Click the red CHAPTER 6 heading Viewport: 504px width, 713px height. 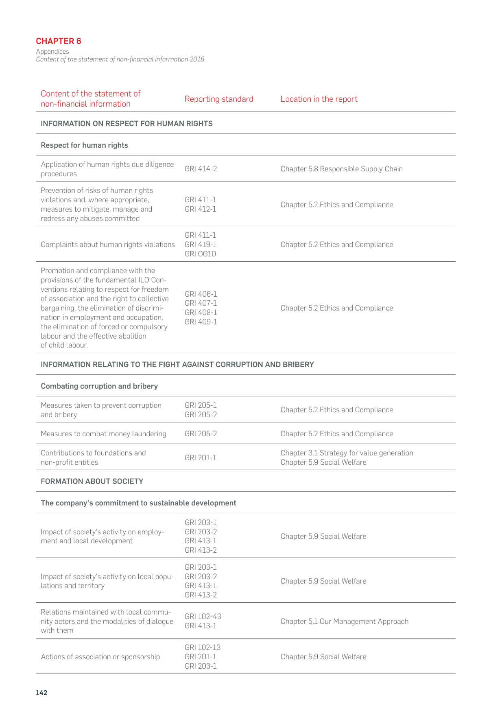pos(59,41)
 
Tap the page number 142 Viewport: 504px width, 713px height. pos(41,693)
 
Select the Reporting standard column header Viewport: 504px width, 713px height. pos(219,99)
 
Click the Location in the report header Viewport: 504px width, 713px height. pos(319,99)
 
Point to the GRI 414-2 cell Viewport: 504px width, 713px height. pos(201,169)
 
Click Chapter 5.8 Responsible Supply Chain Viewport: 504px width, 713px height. pos(341,169)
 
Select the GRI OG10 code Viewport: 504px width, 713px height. pos(200,254)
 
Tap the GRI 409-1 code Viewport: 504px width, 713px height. pos(201,322)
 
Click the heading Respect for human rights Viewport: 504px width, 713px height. pos(84,145)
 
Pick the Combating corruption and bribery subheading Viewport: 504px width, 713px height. pos(99,386)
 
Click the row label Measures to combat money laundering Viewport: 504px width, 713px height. pos(103,434)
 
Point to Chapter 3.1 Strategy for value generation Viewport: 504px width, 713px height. pos(347,453)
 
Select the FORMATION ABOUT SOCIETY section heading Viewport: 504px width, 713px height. pos(92,481)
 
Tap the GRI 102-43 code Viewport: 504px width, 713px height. pos(203,617)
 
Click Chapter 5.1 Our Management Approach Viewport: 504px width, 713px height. pos(344,621)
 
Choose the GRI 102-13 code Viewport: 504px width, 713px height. pos(203,647)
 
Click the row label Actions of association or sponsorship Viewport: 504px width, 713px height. pos(100,657)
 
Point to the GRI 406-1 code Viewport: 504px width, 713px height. pos(201,294)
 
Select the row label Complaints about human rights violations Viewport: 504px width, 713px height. pos(108,245)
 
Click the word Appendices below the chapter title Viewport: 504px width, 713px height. pos(52,52)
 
